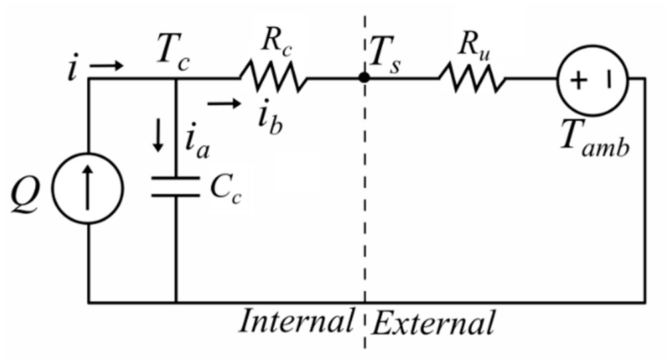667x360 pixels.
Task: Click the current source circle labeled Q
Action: pos(89,190)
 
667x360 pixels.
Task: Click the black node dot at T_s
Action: pos(364,77)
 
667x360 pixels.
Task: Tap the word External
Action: pos(433,324)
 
